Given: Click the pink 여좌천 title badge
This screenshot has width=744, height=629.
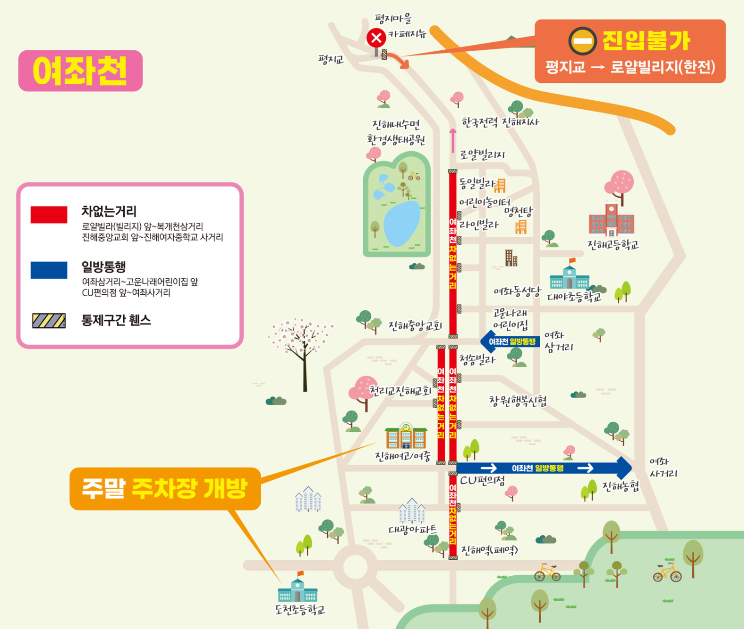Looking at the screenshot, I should coord(80,71).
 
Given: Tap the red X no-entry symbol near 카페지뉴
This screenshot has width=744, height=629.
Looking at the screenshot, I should coord(376,38).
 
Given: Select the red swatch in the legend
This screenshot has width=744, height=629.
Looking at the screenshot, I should coord(49,214).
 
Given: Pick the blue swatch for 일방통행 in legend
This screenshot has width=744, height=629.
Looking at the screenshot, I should coord(49,270).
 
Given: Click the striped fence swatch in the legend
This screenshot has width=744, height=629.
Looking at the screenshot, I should coord(49,321).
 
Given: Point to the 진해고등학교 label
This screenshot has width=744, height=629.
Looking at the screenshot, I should coord(613,244).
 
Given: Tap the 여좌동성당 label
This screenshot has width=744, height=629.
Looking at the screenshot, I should coord(517,292).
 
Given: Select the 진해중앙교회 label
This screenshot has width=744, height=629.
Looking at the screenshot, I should coord(415,325).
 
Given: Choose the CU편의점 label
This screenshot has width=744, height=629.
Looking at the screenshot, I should coord(482,480).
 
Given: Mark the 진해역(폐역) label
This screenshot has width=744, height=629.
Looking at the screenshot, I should coord(489,549).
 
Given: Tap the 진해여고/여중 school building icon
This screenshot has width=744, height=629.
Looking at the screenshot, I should coord(406,436).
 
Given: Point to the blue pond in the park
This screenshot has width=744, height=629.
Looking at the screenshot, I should coord(401,223).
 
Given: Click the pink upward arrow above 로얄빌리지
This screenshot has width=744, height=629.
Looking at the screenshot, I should coord(453,140).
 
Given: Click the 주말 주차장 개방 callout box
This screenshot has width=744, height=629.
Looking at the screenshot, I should coord(165,488).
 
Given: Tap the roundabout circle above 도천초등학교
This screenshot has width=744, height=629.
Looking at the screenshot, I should coord(355,565).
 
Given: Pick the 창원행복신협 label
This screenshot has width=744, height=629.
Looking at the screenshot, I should coord(518,401).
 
